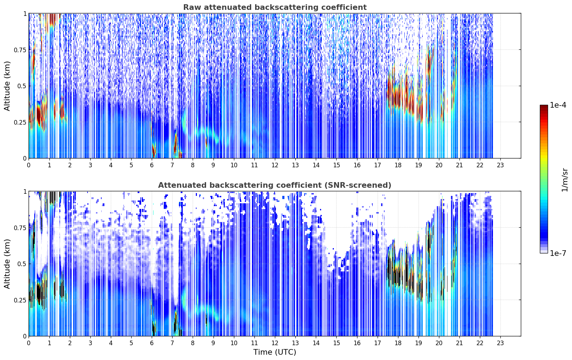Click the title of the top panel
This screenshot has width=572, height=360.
[x=275, y=7]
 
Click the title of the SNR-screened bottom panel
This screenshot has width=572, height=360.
[x=275, y=185]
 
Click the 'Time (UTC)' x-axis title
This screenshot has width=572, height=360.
[x=275, y=352]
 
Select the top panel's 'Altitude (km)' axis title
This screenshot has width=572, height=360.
[x=7, y=86]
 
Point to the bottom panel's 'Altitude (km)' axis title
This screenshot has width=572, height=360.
[x=7, y=264]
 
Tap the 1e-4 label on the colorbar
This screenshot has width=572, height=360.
[x=558, y=105]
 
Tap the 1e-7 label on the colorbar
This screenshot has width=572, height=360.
[x=558, y=253]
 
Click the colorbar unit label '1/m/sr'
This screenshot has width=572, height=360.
[x=565, y=180]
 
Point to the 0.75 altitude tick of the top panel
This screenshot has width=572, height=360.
[x=20, y=50]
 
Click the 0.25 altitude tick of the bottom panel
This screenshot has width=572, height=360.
[x=20, y=300]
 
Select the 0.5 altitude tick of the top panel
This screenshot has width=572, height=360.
[x=22, y=86]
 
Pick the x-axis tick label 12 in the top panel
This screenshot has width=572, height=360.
[x=275, y=165]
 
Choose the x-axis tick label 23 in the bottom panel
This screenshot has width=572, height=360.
[x=500, y=343]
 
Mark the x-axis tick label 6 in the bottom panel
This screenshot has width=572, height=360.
[x=152, y=343]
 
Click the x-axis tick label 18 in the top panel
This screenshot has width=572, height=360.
[x=398, y=165]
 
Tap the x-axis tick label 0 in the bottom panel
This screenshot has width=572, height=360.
[x=29, y=343]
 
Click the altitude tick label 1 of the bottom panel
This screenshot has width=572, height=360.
[x=25, y=192]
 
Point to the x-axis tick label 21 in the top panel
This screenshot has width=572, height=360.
[x=459, y=165]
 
